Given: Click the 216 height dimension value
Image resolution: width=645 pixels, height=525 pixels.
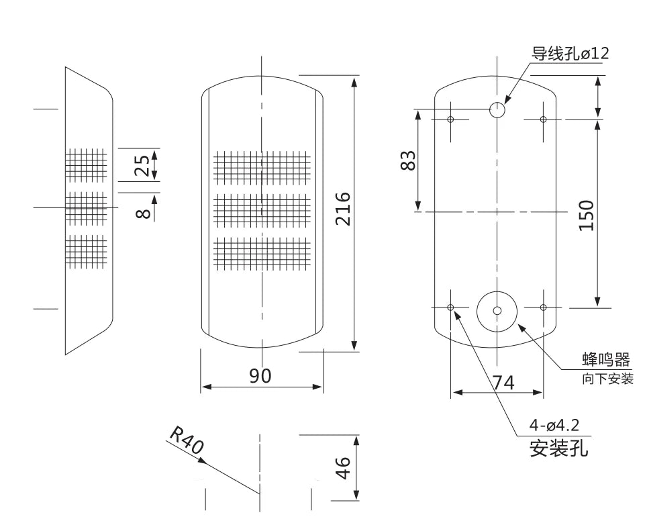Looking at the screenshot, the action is [343, 209].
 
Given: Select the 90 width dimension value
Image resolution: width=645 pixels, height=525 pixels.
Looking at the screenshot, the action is [260, 376].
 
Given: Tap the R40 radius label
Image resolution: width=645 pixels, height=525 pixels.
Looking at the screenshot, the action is [187, 440].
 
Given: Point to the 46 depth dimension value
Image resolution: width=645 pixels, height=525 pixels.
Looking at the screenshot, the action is [343, 467].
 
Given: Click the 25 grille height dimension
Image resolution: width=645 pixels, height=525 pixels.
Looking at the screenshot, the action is [142, 165].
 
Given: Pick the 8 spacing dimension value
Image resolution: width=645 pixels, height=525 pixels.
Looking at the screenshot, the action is [143, 213].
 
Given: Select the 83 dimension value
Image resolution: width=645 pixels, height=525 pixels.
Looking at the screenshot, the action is [408, 160].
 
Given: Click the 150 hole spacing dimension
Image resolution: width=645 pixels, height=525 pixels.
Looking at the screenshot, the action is [587, 216].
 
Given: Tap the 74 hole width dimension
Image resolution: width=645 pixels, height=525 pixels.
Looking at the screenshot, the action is [503, 383].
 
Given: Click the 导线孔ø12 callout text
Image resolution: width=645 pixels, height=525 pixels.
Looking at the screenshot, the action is [570, 54].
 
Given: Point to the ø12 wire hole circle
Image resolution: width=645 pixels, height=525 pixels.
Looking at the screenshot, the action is [497, 109].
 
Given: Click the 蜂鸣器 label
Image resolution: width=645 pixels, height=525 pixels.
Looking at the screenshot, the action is [606, 360].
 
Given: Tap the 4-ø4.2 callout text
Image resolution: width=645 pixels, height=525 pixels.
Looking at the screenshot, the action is [554, 424].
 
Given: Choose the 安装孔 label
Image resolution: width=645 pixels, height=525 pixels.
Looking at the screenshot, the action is [558, 448].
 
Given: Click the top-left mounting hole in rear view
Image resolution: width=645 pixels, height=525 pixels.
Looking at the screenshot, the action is [450, 120].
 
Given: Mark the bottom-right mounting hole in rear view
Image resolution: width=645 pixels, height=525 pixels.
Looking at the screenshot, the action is [543, 307].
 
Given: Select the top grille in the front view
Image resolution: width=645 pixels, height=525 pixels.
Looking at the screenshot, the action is [262, 167].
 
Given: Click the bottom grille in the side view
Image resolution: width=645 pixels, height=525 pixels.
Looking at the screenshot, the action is [87, 252].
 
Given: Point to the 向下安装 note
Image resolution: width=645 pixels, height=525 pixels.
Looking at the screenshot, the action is [607, 379].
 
